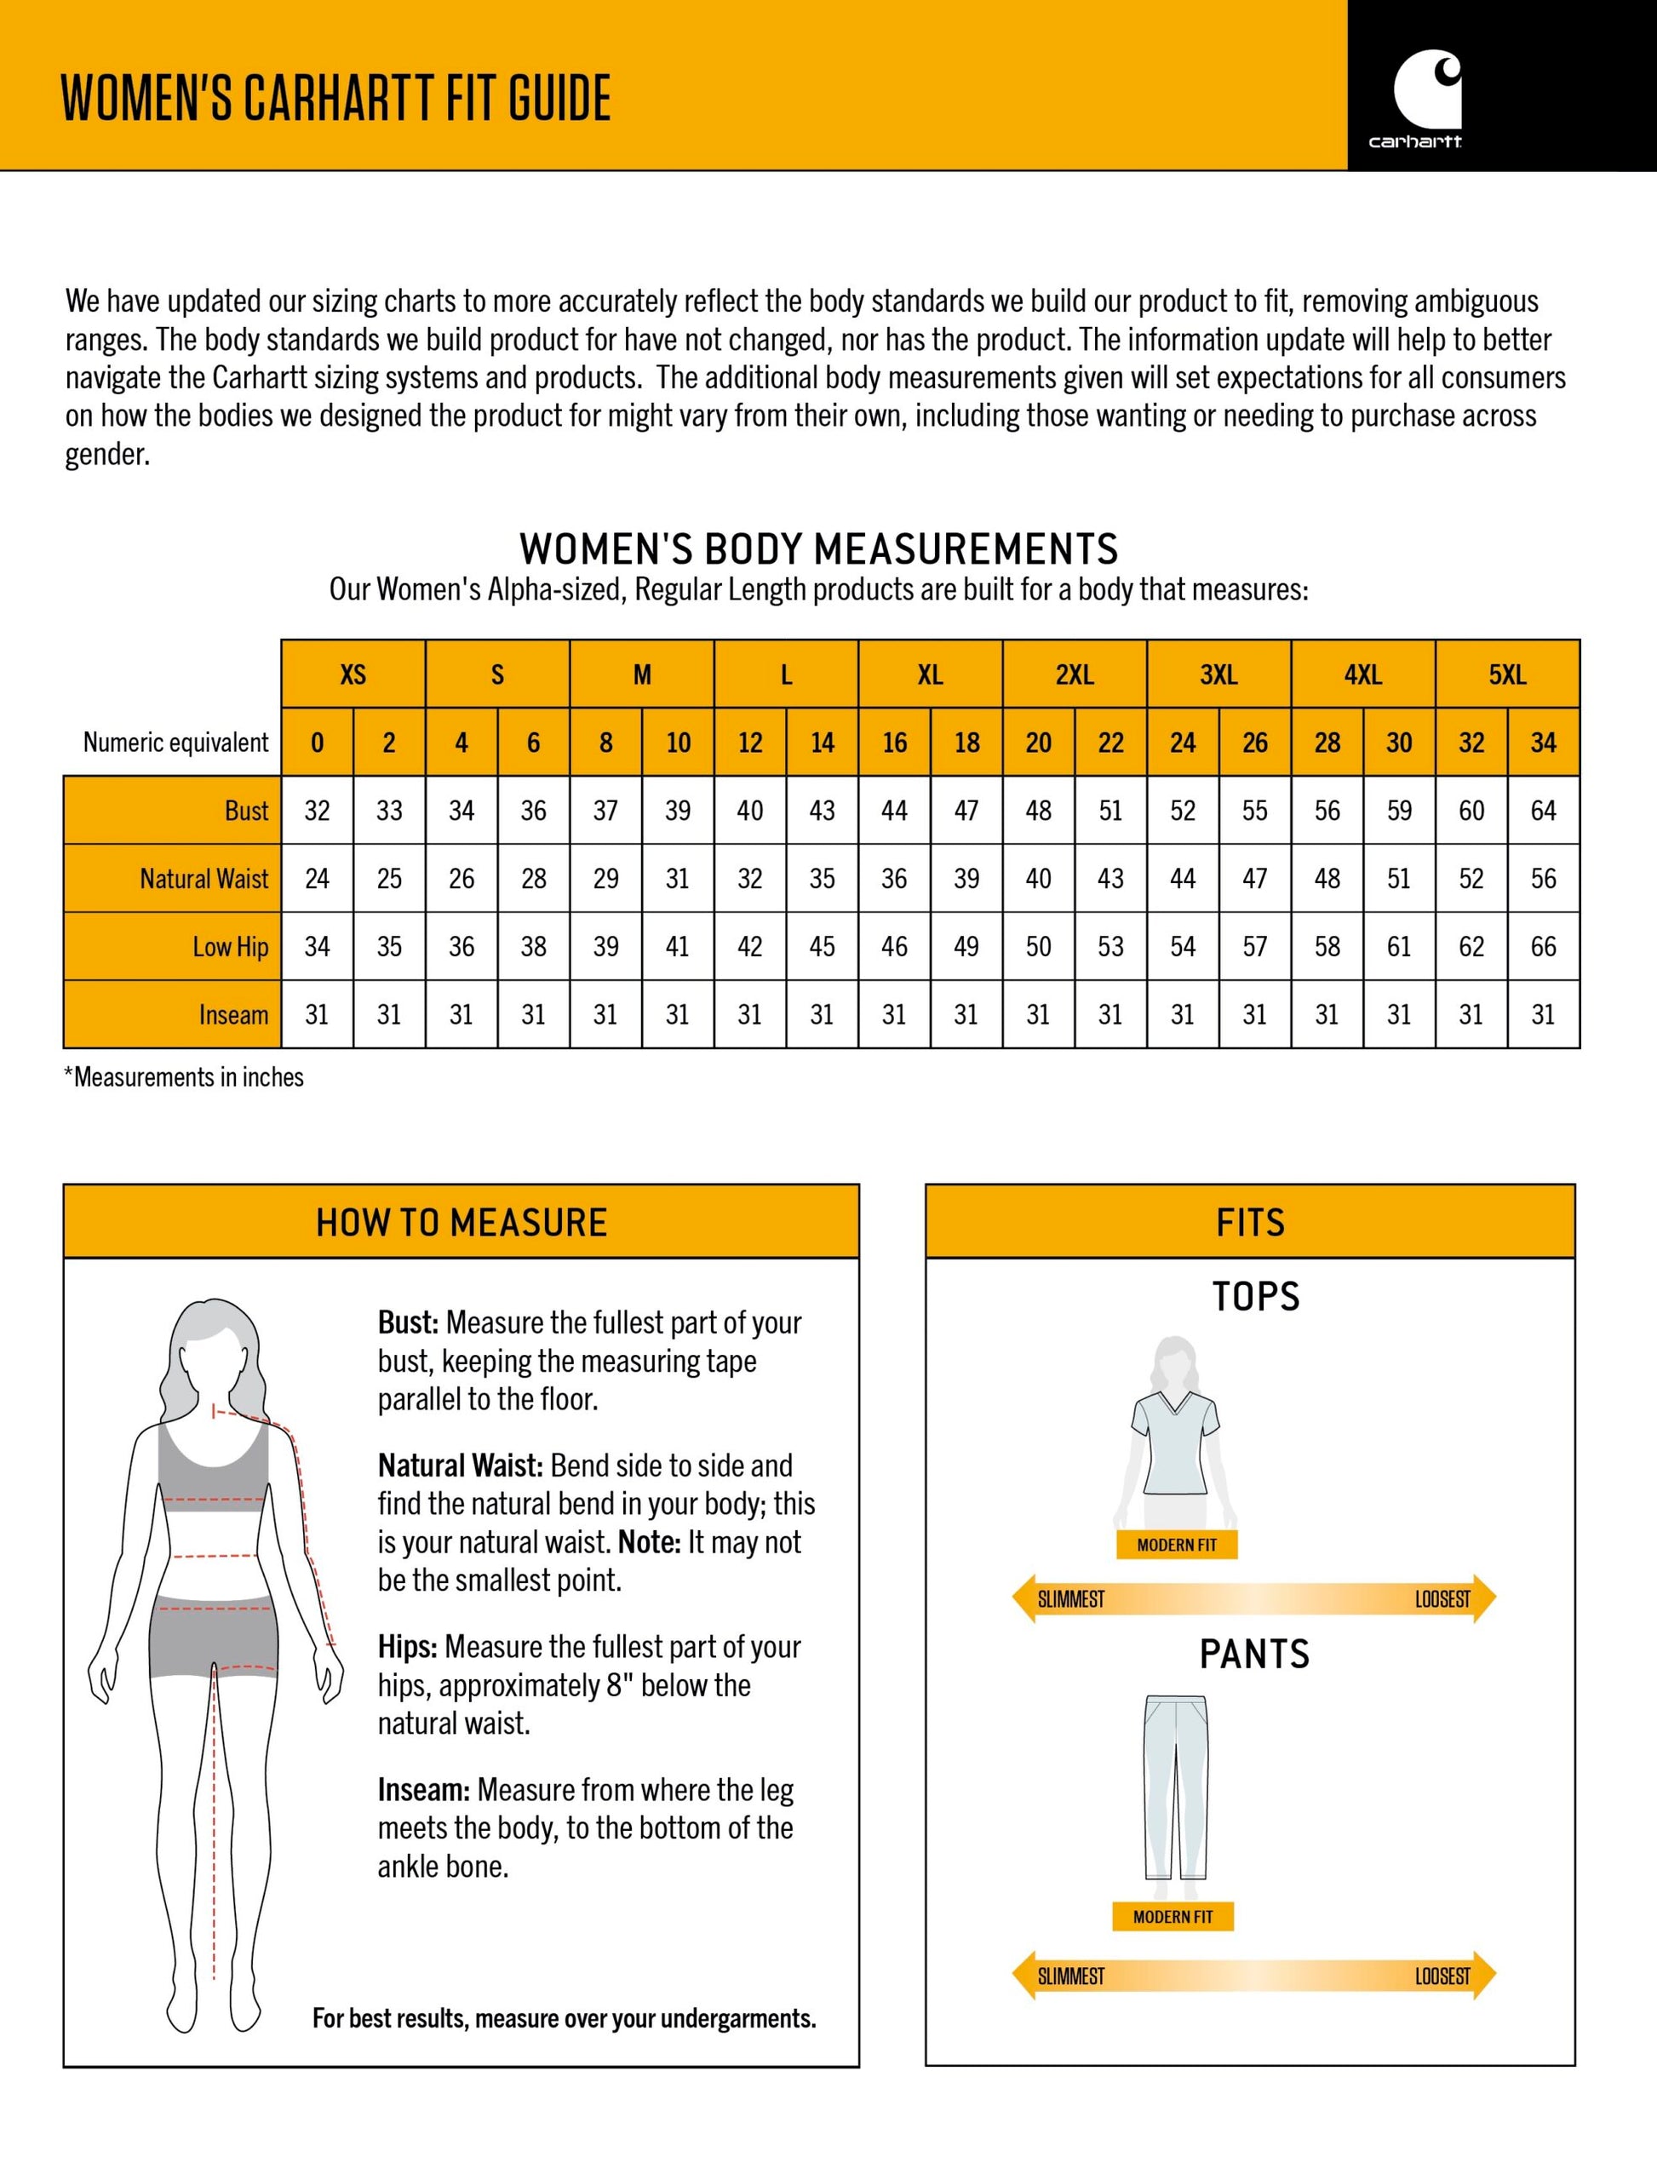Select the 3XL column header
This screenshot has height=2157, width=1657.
1218,674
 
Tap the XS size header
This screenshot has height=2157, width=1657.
353,674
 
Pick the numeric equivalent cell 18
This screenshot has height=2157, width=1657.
966,743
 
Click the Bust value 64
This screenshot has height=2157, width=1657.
1543,811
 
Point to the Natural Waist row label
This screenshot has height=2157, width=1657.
204,879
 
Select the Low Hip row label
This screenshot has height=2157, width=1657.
230,947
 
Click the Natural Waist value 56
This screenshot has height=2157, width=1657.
1543,879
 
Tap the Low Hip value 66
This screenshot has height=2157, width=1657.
1543,947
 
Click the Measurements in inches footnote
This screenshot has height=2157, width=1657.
185,1077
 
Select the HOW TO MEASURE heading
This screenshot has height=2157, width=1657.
461,1223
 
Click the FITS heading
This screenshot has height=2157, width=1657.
1250,1223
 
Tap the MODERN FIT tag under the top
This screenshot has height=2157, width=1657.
1176,1546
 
